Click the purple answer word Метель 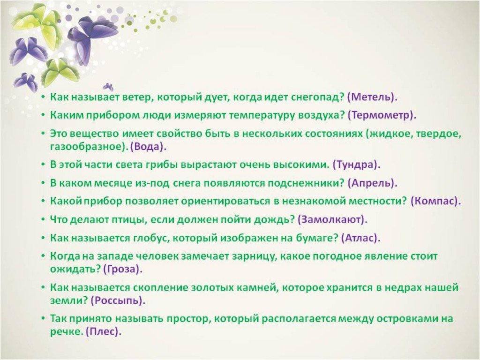[372, 97]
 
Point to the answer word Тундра [356, 165]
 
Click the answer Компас [434, 201]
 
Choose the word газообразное [89, 147]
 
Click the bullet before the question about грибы [44, 165]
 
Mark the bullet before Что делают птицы [44, 219]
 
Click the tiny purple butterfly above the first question [108, 87]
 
